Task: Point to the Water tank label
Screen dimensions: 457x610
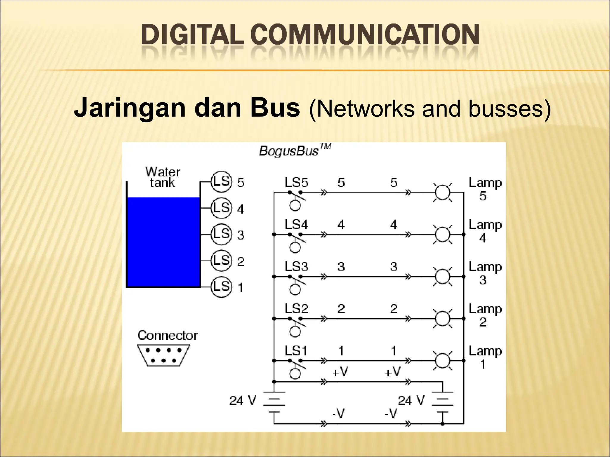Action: tap(163, 177)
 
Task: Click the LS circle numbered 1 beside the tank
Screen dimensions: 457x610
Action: tap(221, 287)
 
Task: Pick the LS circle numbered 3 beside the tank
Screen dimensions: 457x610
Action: tap(221, 234)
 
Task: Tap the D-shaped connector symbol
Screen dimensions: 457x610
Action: tap(163, 355)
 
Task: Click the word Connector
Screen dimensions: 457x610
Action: tap(167, 336)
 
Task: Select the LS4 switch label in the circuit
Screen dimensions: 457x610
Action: tap(296, 225)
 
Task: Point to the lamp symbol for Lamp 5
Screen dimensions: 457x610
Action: tap(443, 192)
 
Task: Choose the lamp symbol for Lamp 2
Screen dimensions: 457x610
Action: tap(443, 319)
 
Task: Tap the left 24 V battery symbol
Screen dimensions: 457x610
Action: tap(274, 402)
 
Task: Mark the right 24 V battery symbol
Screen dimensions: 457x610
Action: tap(443, 402)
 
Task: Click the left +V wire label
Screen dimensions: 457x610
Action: tap(340, 372)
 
